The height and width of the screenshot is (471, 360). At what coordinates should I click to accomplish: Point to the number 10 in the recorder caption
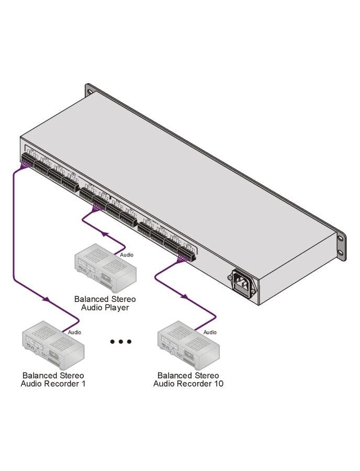(x=218, y=384)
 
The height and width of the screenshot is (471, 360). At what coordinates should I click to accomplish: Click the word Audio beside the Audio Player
(x=127, y=255)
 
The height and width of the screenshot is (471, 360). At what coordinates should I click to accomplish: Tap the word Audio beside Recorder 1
(x=74, y=332)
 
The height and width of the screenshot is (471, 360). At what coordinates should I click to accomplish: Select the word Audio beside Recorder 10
(x=210, y=332)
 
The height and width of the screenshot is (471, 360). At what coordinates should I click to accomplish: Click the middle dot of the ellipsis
(x=121, y=342)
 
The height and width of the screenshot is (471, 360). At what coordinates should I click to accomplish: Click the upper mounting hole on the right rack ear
(x=340, y=238)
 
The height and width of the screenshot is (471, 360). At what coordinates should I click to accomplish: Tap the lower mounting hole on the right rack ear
(x=340, y=252)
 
